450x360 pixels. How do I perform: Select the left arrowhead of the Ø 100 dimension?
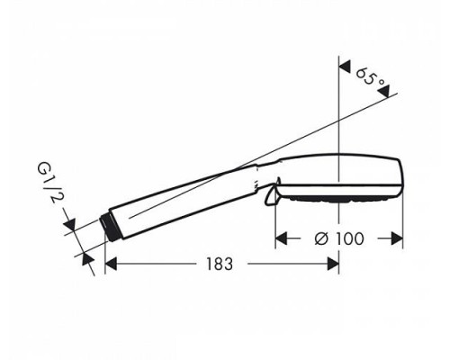[x=281, y=238]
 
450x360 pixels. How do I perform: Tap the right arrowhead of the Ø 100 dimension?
[x=396, y=238]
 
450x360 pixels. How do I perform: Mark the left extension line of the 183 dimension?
[x=104, y=256]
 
